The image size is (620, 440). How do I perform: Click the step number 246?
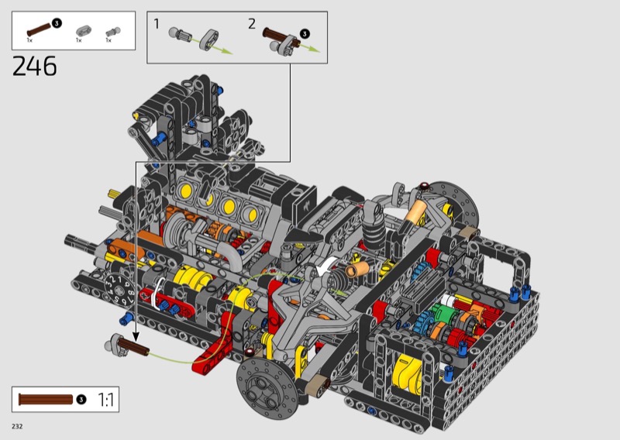click(35, 66)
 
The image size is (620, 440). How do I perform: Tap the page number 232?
click(17, 426)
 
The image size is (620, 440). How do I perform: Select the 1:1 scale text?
click(105, 400)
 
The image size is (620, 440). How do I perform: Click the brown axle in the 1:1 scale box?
click(46, 400)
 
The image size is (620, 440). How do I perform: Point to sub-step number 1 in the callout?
click(157, 24)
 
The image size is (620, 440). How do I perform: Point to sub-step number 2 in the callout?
click(252, 24)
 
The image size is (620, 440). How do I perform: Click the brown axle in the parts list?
click(40, 29)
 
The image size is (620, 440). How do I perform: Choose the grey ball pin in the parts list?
click(113, 32)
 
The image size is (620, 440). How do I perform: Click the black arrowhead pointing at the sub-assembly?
click(136, 336)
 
